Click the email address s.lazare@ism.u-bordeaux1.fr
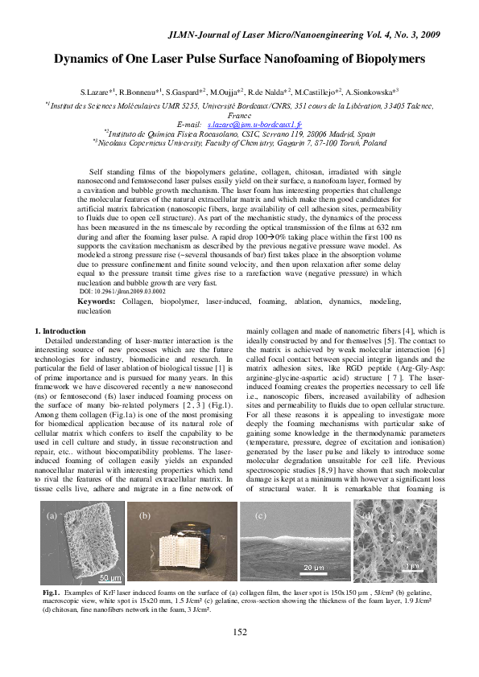(254, 125)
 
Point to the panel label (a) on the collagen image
(52, 515)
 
